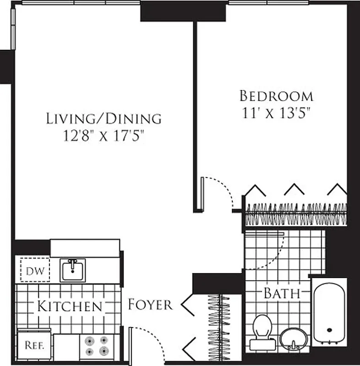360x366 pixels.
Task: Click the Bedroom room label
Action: coord(276,96)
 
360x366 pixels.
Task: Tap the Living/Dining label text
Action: coord(104,118)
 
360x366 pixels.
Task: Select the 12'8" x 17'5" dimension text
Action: coord(104,136)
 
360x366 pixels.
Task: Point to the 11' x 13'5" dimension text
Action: coord(276,113)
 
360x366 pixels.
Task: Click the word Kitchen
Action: coord(69,306)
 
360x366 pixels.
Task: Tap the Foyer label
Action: coord(150,304)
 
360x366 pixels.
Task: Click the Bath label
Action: coord(281,293)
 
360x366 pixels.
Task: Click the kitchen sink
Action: coord(73,270)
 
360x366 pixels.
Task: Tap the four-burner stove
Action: coord(97,346)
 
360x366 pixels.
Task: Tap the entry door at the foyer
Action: coord(130,345)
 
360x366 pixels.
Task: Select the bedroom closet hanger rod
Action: coord(296,214)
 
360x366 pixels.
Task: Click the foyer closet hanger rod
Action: coord(218,327)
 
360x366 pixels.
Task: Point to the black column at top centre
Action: coord(183,11)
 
